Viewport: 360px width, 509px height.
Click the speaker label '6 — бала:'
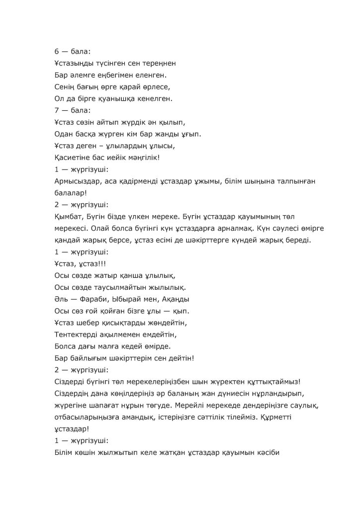pos(69,52)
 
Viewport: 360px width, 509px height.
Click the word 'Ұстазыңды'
pos(74,64)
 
